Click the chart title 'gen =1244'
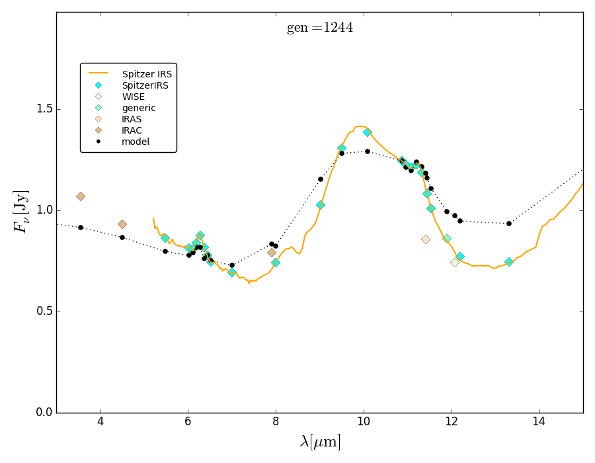pos(319,28)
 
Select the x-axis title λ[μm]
pos(320,442)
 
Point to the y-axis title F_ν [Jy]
pos(21,211)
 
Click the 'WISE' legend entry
pos(133,97)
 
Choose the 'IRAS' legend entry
pos(132,119)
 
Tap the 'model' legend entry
pos(135,142)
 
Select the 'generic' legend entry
pos(138,108)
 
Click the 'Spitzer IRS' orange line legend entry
pos(147,74)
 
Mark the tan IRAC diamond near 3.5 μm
pos(81,196)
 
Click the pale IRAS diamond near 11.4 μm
pos(426,239)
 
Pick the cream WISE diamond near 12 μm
pos(455,263)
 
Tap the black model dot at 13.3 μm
pos(508,224)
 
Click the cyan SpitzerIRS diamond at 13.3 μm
pos(508,262)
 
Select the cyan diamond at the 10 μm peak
pos(367,132)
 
